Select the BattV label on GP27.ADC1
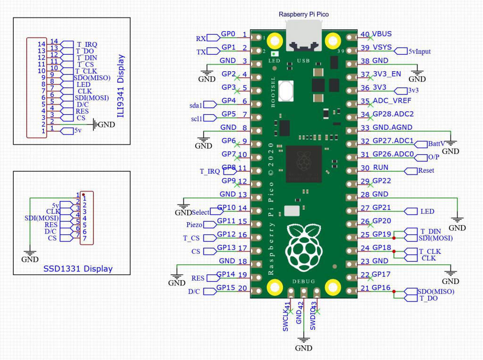[435, 143]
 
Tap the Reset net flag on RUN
[425, 170]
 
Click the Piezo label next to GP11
[194, 225]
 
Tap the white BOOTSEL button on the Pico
[286, 90]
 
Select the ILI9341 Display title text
[121, 86]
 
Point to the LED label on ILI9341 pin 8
[83, 84]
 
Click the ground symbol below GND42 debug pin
[304, 340]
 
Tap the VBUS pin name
[382, 34]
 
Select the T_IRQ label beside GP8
[203, 171]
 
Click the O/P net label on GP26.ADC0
[433, 157]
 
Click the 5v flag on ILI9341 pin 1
[78, 131]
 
